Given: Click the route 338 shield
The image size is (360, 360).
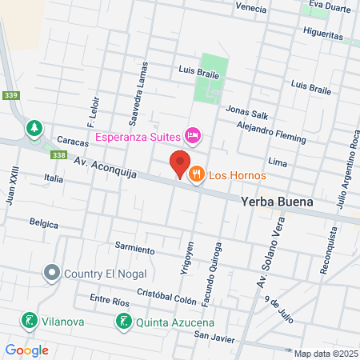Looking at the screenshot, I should point(58,155).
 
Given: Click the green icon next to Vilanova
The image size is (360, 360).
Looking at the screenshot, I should point(30,322).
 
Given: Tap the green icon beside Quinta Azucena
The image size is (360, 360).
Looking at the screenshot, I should point(123,322).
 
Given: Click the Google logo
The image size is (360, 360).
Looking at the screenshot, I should point(26,350).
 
